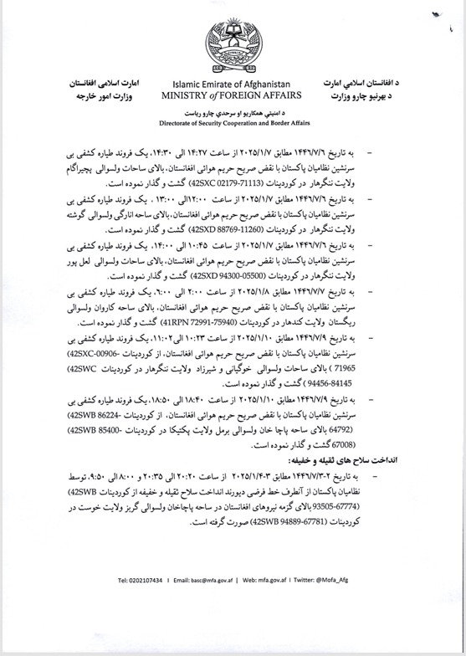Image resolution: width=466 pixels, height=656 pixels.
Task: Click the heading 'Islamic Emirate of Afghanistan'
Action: tap(231, 85)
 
